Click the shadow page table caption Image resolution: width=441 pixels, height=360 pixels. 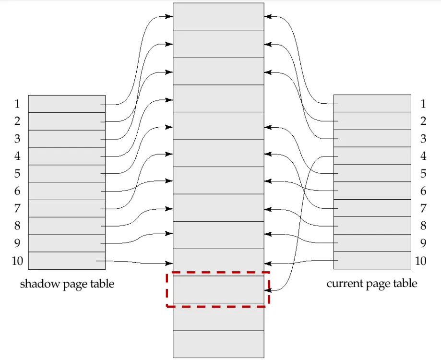67,284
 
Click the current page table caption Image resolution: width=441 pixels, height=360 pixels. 372,283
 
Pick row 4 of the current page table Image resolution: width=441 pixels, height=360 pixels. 372,156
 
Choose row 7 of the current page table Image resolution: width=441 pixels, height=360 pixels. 372,208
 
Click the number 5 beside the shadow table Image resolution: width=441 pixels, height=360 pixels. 17,174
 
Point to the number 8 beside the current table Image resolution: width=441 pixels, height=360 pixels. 423,226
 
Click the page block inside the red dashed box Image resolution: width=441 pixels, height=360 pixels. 218,289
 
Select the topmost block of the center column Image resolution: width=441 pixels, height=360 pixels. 218,16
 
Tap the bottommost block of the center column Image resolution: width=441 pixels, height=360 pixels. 218,344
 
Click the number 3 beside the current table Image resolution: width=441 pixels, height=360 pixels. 423,139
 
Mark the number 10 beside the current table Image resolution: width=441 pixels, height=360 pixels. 421,261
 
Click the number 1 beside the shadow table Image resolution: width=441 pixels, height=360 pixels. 17,104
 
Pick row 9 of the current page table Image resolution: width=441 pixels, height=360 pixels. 372,243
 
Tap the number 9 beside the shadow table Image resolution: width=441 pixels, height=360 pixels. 17,243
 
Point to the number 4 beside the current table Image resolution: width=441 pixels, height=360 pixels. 423,156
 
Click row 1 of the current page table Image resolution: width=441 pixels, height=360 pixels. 372,104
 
